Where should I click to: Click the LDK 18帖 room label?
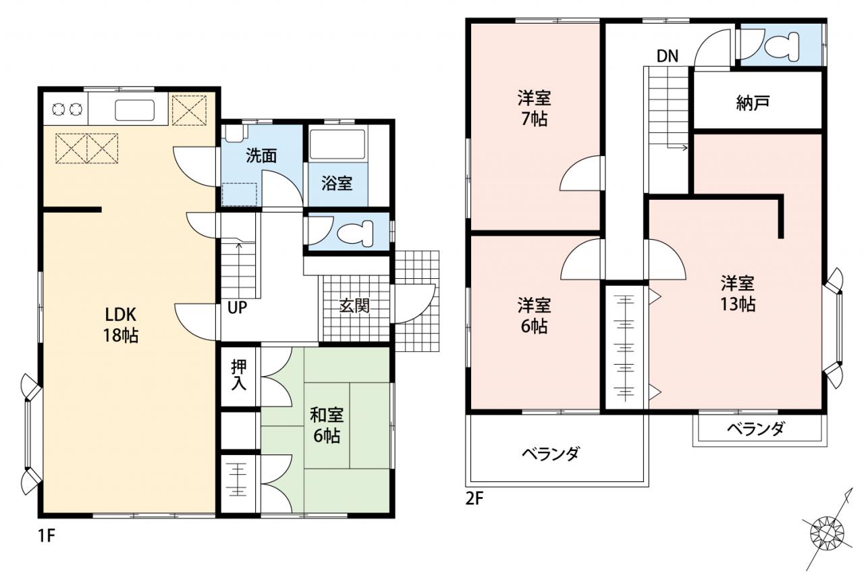121,325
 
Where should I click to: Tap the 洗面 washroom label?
261,156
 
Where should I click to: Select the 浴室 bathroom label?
337,183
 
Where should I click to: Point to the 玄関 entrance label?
354,305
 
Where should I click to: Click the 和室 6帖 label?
327,425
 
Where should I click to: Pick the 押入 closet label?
238,375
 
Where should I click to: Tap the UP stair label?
237,307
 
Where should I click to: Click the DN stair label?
668,56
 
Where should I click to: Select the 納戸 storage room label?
753,103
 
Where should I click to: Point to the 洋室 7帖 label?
534,109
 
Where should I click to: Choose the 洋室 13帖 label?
738,294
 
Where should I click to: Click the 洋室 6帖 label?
534,316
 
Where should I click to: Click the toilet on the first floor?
356,234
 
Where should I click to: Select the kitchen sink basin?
134,110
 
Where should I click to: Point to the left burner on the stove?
58,109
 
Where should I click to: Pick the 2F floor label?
475,499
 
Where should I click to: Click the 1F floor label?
47,535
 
